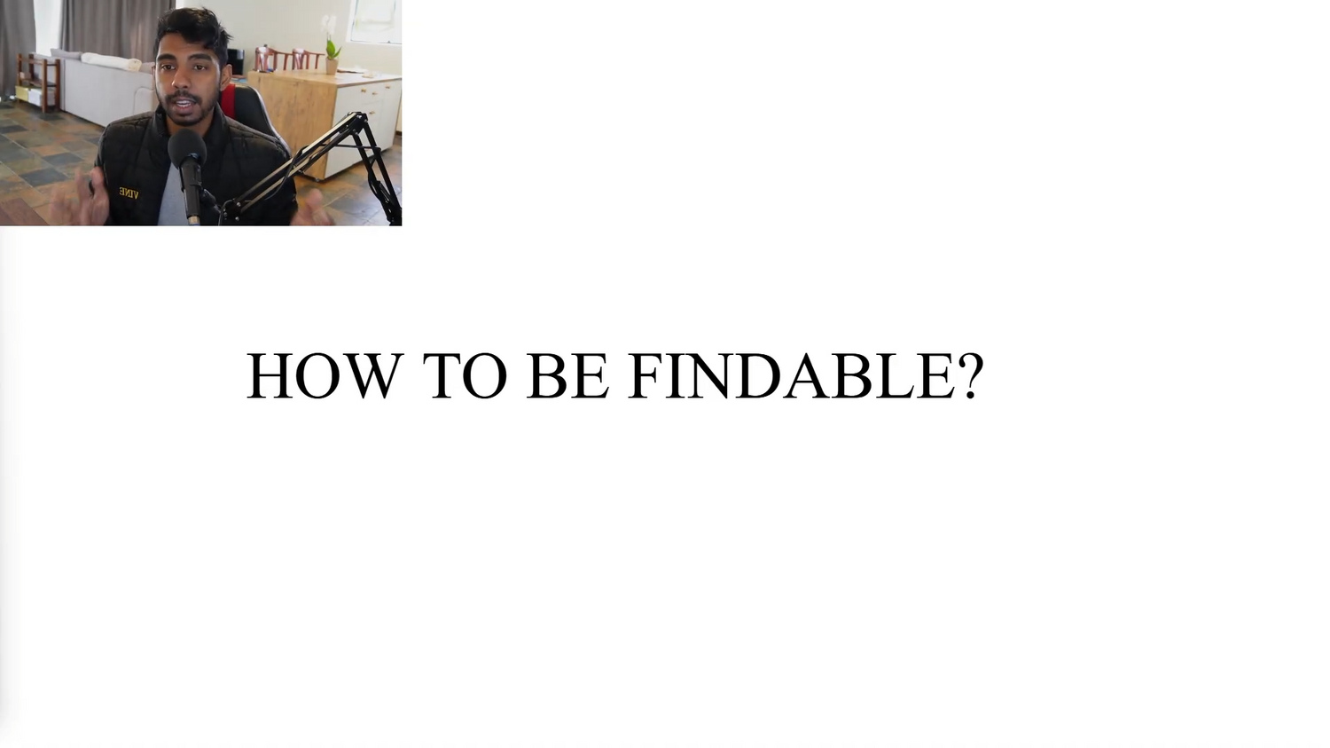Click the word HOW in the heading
325,375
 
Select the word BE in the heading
567,375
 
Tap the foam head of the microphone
187,148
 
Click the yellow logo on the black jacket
129,193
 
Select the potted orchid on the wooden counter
331,46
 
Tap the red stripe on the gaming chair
228,104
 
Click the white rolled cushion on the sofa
112,62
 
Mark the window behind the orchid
376,20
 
